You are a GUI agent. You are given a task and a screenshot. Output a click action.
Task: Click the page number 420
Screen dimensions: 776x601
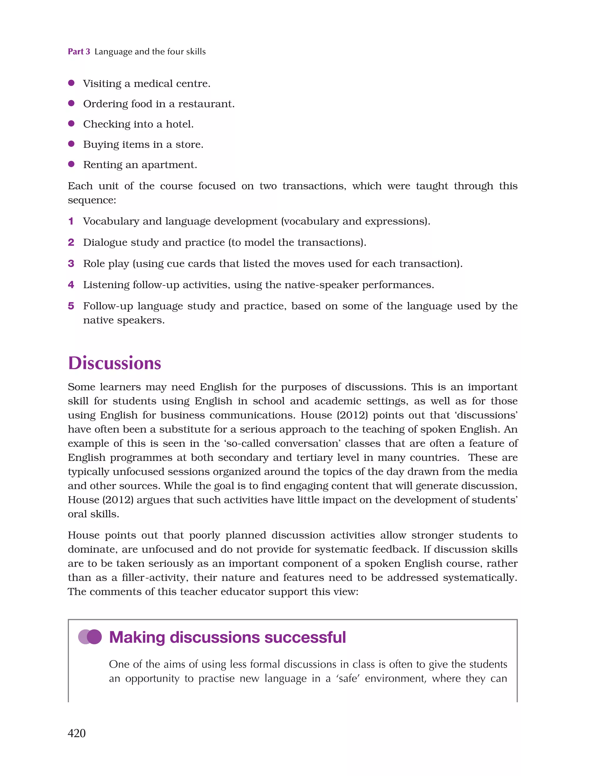click(77, 733)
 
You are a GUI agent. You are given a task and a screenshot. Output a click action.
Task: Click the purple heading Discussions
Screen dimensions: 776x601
click(114, 363)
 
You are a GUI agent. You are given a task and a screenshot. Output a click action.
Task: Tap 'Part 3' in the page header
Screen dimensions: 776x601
click(79, 52)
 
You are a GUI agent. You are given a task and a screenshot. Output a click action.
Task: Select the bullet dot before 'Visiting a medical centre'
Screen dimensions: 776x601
click(71, 83)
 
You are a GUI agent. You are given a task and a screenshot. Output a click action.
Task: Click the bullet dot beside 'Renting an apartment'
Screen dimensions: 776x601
click(71, 164)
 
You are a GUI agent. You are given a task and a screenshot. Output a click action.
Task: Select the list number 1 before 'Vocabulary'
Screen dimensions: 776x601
click(71, 221)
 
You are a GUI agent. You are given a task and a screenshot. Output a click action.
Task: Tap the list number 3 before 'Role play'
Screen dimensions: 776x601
click(71, 263)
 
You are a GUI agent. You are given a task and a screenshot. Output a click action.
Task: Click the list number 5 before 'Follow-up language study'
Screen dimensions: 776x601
click(71, 306)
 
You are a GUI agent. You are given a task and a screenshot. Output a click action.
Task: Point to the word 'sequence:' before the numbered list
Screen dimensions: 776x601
click(92, 200)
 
